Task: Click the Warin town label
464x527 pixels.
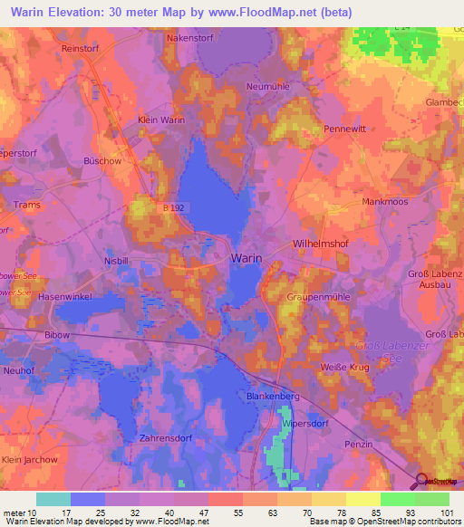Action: [x=246, y=258]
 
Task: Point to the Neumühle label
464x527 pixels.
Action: [x=268, y=87]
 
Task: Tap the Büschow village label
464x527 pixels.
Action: [x=102, y=160]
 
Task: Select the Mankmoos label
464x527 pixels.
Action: [x=387, y=202]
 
